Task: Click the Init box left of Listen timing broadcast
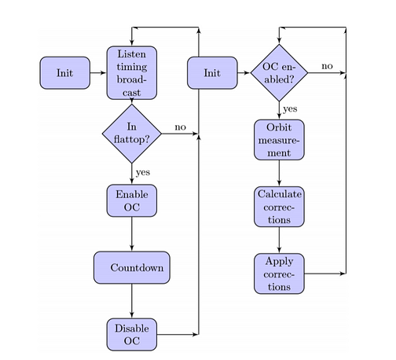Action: [x=65, y=73]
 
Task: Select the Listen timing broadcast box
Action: [x=132, y=73]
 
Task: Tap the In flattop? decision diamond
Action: [x=132, y=134]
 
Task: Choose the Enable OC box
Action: [x=132, y=200]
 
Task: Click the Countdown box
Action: [x=132, y=267]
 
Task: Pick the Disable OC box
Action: [x=132, y=335]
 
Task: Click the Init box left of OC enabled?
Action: [x=212, y=73]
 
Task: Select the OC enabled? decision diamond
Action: [x=279, y=73]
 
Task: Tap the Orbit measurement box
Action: [x=279, y=140]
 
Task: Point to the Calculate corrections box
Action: [x=279, y=207]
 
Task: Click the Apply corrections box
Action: [x=279, y=274]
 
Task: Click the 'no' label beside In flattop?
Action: [x=181, y=127]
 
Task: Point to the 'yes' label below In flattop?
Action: [x=143, y=173]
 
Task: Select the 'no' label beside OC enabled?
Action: [x=327, y=66]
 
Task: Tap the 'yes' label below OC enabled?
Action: [x=290, y=109]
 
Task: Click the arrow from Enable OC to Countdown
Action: [x=132, y=234]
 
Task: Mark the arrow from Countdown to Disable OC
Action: [x=132, y=301]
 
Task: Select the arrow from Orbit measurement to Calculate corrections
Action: [x=279, y=173]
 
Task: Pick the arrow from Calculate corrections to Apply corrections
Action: [x=279, y=240]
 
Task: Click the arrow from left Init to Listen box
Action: [x=98, y=73]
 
